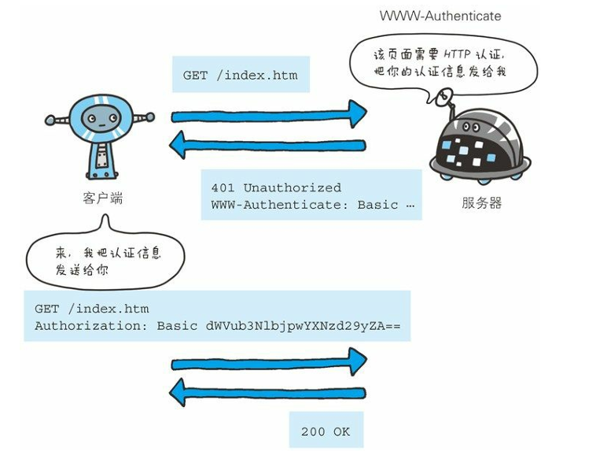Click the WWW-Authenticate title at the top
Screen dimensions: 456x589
(x=440, y=16)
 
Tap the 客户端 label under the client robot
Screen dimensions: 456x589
(x=102, y=198)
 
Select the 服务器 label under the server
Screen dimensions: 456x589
(x=481, y=203)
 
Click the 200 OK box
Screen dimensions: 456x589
(x=326, y=431)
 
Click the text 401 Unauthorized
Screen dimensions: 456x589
(x=276, y=188)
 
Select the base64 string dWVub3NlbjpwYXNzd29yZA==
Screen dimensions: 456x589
(x=304, y=324)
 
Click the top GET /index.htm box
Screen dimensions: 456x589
(x=241, y=76)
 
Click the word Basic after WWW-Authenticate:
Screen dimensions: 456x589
(x=377, y=205)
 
